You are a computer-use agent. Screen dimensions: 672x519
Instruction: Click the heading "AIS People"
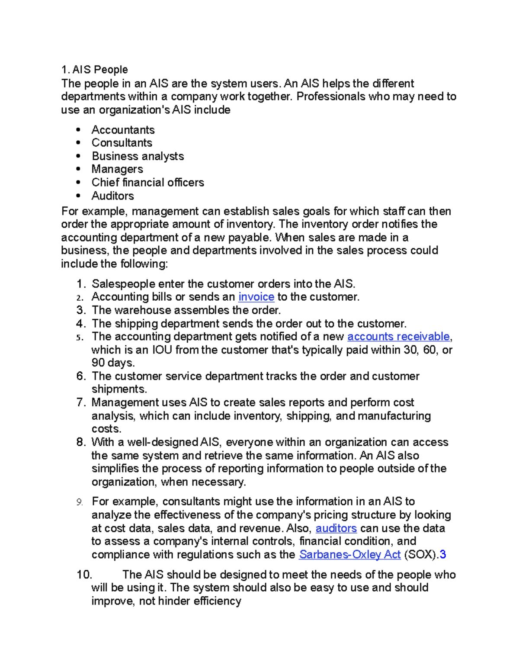[100, 70]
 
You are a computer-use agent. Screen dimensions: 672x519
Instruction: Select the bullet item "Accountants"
[123, 130]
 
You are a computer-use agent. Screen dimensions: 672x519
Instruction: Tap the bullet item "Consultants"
[122, 143]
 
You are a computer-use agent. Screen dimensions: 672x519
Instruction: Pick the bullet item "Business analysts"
[138, 156]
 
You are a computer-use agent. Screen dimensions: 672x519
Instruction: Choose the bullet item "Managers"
[117, 169]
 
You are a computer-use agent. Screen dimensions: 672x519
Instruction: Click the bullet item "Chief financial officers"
[147, 183]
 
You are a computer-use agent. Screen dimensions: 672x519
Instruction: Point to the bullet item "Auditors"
[112, 196]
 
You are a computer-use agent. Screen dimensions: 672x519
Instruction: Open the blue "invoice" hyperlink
[256, 297]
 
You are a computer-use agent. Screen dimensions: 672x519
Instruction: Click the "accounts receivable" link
[398, 337]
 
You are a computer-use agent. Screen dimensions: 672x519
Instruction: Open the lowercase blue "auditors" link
[336, 528]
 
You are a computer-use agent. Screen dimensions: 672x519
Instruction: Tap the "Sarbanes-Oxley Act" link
[349, 555]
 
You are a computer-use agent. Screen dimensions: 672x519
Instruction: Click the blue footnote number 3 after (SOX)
[442, 555]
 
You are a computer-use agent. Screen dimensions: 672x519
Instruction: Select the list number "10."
[84, 575]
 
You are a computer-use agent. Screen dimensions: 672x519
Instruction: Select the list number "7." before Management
[81, 402]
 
